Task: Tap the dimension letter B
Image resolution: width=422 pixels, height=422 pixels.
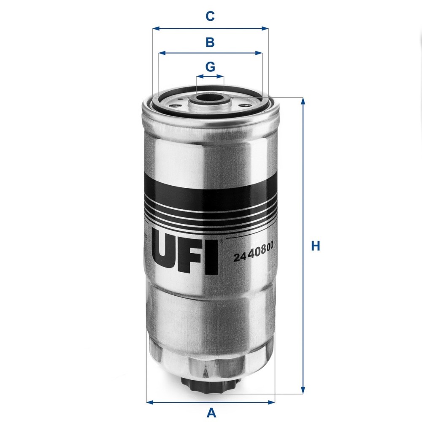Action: point(210,42)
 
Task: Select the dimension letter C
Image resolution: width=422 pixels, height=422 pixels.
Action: point(210,16)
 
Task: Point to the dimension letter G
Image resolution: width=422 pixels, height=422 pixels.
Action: point(210,67)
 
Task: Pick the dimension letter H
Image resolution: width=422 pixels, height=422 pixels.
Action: point(315,246)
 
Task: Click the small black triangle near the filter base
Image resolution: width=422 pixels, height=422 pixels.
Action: point(206,373)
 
